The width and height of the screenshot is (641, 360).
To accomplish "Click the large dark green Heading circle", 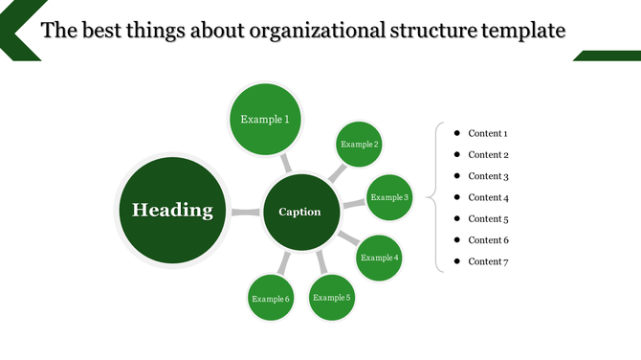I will click(172, 211).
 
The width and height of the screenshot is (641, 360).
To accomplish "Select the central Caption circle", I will click(299, 212).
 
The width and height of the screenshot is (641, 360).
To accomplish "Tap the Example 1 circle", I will click(265, 120).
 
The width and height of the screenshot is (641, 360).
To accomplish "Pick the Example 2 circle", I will click(360, 145).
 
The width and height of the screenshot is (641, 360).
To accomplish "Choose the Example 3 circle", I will click(389, 197).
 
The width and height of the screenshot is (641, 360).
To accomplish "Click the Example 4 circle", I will click(379, 258).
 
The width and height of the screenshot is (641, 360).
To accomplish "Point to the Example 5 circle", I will click(332, 297).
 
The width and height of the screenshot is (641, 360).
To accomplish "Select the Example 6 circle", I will click(271, 299).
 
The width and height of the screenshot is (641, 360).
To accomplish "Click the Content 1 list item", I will click(487, 134).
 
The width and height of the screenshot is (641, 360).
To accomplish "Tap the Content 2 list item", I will click(487, 155).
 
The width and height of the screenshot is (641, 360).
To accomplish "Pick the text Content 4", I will click(487, 197).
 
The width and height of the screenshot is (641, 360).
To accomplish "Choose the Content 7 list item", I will click(487, 261).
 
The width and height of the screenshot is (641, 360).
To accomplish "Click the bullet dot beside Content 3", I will click(457, 175).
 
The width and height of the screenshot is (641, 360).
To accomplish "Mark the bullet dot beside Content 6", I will click(457, 239).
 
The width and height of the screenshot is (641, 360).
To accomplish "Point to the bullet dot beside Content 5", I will click(457, 218).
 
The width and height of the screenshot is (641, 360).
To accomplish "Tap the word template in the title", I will click(524, 31).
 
